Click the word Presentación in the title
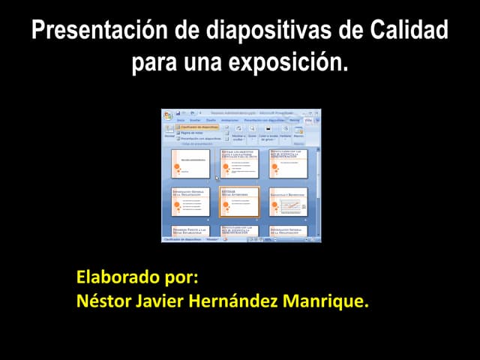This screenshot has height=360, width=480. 91,31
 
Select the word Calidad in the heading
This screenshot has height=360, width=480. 409,31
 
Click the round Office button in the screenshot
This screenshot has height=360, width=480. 168,115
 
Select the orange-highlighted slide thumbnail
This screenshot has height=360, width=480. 239,202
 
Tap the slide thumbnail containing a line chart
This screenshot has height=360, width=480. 288,202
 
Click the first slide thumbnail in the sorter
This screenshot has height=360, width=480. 190,163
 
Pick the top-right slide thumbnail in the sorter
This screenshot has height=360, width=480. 288,163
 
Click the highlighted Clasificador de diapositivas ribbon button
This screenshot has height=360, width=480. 198,127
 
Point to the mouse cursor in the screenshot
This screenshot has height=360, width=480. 217,178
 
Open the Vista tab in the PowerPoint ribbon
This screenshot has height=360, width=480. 307,120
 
